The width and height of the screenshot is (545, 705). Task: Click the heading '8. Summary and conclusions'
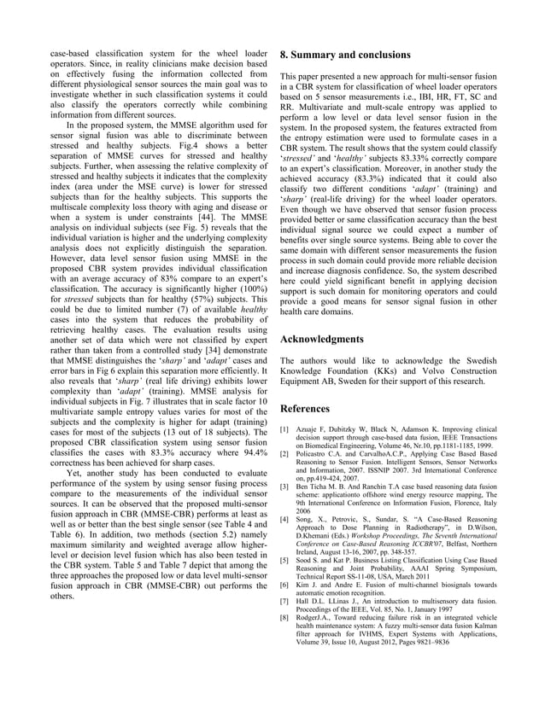tap(345, 55)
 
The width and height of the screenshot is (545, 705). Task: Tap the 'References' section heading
tap(308, 408)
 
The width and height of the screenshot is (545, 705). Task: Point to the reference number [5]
tap(286, 560)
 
